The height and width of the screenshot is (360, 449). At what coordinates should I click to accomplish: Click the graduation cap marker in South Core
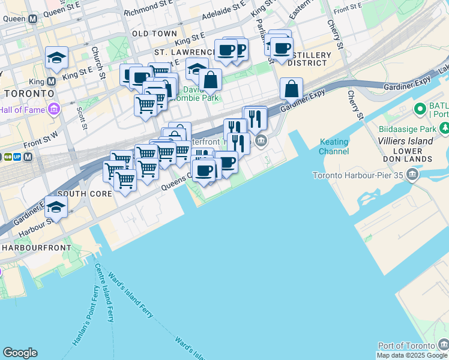pyautogui.click(x=56, y=207)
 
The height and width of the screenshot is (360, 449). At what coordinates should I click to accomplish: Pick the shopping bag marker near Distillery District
pyautogui.click(x=291, y=89)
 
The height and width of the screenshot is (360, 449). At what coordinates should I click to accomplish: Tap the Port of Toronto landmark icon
pyautogui.click(x=443, y=345)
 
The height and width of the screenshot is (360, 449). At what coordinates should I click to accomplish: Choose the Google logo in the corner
pyautogui.click(x=20, y=353)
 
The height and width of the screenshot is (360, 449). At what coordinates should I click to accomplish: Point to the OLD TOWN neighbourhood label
pyautogui.click(x=154, y=34)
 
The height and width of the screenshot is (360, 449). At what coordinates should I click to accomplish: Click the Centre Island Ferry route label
pyautogui.click(x=103, y=294)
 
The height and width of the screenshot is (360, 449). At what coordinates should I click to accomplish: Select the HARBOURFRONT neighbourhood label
pyautogui.click(x=36, y=247)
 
